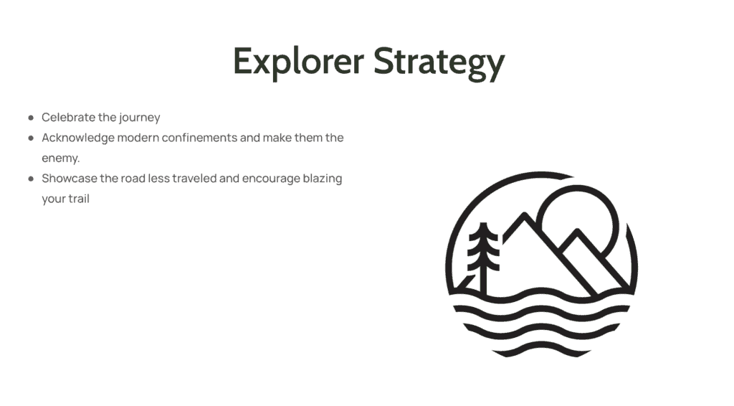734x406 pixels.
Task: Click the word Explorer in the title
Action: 299,62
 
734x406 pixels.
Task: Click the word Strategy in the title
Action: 439,62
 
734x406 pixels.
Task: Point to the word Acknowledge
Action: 78,138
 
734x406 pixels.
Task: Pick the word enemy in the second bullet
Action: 60,159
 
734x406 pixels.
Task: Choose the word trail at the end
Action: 79,199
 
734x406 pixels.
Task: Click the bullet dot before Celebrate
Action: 31,118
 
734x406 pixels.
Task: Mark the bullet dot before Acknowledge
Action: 31,138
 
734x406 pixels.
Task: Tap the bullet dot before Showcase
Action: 31,179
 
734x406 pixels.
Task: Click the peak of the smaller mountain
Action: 578,232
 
